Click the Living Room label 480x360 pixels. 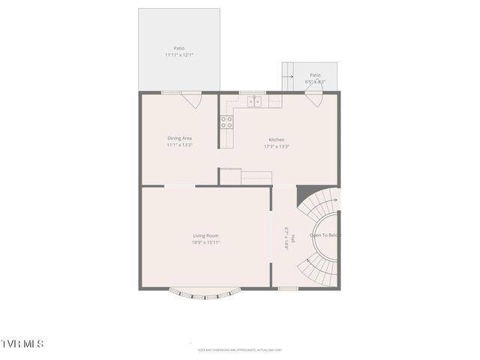pyautogui.click(x=205, y=235)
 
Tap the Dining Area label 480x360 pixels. pyautogui.click(x=180, y=138)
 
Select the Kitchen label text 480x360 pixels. pyautogui.click(x=277, y=140)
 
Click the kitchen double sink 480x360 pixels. pyautogui.click(x=255, y=100)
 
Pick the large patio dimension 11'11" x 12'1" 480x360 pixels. pyautogui.click(x=179, y=55)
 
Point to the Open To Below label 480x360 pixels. pyautogui.click(x=325, y=235)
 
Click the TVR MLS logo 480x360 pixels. pyautogui.click(x=22, y=343)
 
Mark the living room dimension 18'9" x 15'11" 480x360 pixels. pyautogui.click(x=205, y=242)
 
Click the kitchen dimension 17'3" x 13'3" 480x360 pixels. pyautogui.click(x=277, y=147)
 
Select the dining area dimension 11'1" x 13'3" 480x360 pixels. pyautogui.click(x=180, y=145)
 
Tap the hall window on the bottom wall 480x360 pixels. pyautogui.click(x=288, y=288)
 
